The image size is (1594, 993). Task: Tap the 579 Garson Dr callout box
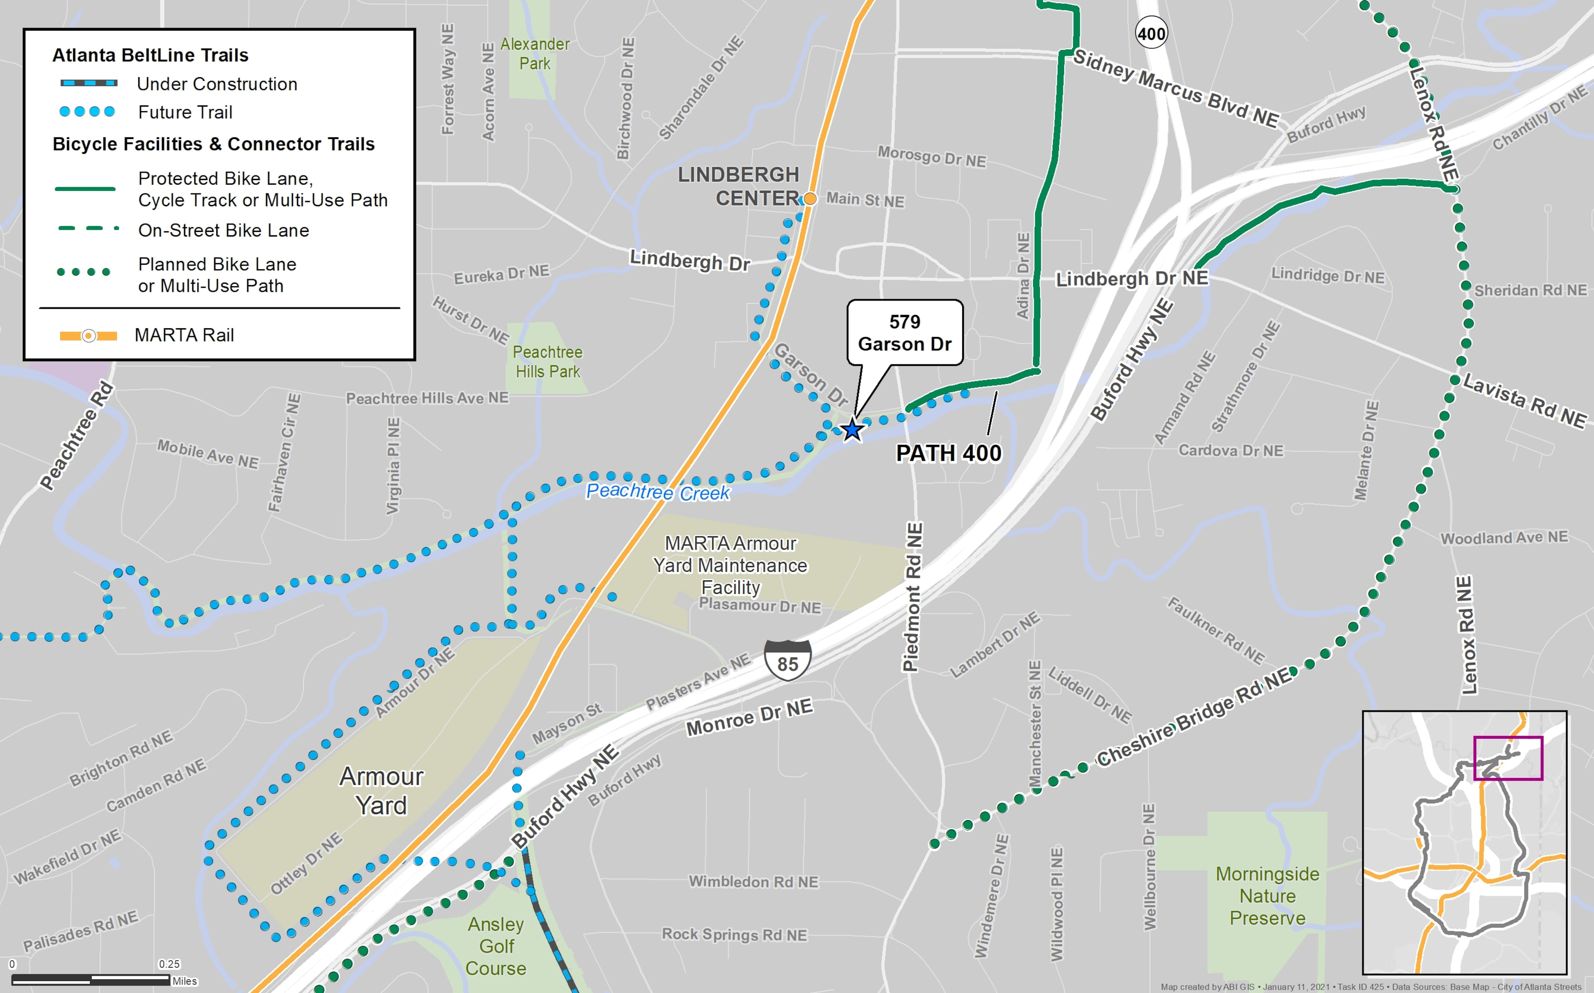[x=905, y=333]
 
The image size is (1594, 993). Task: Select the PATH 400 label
[x=949, y=453]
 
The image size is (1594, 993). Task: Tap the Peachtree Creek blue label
[x=658, y=492]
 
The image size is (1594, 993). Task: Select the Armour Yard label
[x=381, y=791]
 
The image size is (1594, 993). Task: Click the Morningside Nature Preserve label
[x=1267, y=896]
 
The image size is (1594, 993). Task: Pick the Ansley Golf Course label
[x=496, y=946]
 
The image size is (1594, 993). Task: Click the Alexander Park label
[x=535, y=54]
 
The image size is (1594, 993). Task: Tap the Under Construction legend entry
[x=217, y=84]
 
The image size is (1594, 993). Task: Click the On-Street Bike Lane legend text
[x=223, y=231]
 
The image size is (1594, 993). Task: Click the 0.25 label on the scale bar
[x=169, y=964]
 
